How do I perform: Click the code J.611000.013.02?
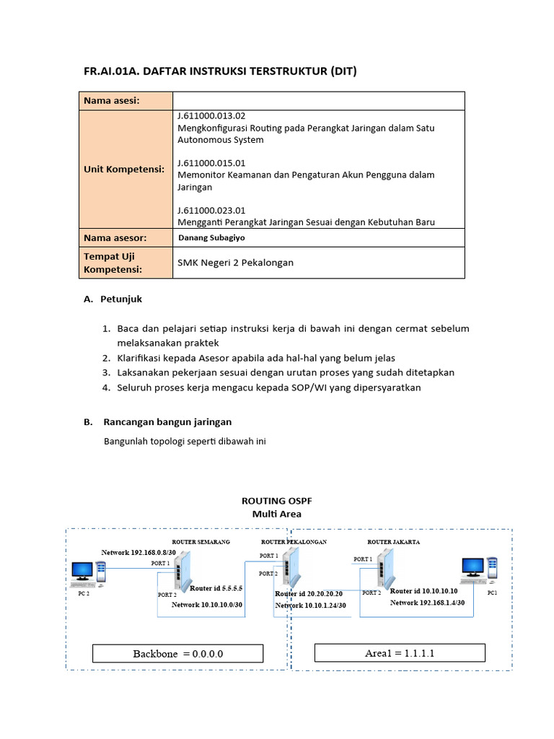pos(211,116)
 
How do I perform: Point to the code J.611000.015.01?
pos(211,163)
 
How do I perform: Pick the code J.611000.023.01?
pos(211,210)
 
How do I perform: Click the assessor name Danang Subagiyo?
pos(212,237)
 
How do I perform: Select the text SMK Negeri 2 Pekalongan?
pos(235,263)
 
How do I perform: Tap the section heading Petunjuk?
pos(128,298)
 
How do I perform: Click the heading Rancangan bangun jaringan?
pos(167,421)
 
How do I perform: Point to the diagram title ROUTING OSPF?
pos(276,500)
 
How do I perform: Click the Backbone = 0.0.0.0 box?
pos(178,653)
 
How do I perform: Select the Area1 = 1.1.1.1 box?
pos(400,653)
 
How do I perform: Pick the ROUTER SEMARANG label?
pos(200,541)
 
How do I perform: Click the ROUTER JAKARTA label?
pos(394,541)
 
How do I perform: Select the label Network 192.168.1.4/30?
pos(427,602)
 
